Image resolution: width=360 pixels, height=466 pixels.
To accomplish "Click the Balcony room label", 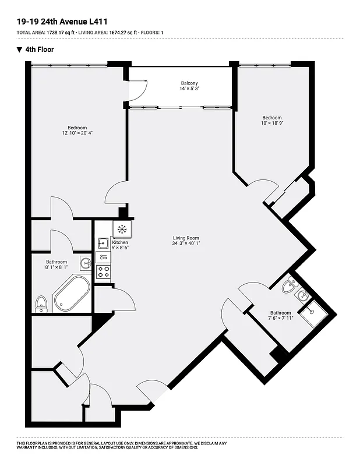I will point(189,83).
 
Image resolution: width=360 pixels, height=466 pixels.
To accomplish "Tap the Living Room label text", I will point(186,238).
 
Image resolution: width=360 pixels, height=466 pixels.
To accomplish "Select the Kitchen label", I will point(120,242).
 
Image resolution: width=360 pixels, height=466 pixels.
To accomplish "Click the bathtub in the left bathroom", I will point(72,294).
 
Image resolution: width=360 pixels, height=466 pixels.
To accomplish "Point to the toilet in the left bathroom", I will point(41,303).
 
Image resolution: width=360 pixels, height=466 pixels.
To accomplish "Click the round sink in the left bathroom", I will point(86,263).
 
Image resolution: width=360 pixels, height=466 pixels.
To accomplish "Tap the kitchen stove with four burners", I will point(103,271).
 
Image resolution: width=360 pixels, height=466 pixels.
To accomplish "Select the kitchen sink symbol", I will point(103,242).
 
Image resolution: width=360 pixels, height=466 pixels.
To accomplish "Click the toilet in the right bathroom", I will point(289,286).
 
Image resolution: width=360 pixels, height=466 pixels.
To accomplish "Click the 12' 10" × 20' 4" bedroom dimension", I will point(77,133).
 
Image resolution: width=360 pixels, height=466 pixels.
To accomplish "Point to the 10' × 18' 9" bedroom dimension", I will point(271,123).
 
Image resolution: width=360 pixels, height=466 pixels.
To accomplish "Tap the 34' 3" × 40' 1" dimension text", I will point(186,243).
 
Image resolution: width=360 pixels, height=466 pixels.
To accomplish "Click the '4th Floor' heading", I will point(39,50).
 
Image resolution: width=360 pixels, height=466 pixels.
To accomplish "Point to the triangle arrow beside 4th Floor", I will point(20,50).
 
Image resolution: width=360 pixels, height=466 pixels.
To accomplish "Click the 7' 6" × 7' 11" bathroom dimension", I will point(280,318).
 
